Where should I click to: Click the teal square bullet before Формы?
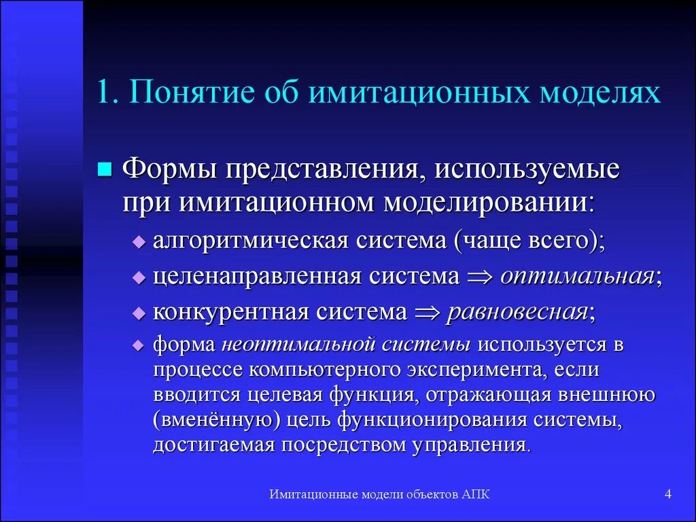pyautogui.click(x=105, y=169)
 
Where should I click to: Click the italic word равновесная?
pyautogui.click(x=517, y=313)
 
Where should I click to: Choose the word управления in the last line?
pyautogui.click(x=470, y=445)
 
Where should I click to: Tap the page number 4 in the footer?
pyautogui.click(x=668, y=495)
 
